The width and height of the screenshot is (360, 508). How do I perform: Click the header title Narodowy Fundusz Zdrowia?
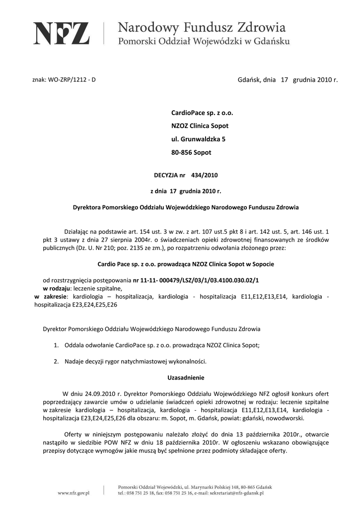click(x=202, y=27)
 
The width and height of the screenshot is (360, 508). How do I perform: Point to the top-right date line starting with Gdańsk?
click(x=288, y=79)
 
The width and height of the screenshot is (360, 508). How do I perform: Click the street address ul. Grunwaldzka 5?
click(x=198, y=139)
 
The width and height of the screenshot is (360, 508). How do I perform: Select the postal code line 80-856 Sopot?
click(x=191, y=152)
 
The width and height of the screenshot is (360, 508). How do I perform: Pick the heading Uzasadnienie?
click(x=186, y=377)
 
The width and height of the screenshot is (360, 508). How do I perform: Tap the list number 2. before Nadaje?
click(x=57, y=361)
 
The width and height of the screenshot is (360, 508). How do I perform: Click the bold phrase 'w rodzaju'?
click(x=56, y=288)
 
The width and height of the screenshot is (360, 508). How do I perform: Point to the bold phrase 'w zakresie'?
click(x=50, y=296)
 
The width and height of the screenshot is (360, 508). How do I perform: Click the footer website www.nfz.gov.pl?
click(x=73, y=493)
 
